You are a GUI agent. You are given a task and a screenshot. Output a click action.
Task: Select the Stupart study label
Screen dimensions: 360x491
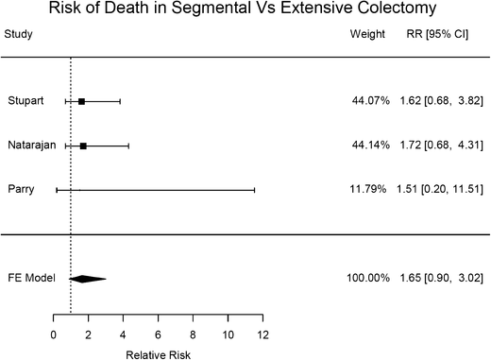tap(22, 101)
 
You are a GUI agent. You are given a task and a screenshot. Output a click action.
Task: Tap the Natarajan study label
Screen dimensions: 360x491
tap(27, 146)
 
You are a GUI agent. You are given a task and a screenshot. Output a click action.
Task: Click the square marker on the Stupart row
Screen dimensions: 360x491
tap(81, 101)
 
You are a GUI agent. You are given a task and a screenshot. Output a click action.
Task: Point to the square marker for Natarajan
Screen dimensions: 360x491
tap(83, 146)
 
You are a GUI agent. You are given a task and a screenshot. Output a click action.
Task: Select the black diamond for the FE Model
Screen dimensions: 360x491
tap(88, 278)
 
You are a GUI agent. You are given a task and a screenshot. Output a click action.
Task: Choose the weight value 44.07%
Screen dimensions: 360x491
tap(367, 101)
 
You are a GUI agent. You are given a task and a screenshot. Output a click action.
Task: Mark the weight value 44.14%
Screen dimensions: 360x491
tap(367, 146)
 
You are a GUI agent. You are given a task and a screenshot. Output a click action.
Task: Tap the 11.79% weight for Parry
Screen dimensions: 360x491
tap(367, 190)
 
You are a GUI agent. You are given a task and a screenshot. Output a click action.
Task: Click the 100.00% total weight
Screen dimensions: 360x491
tap(364, 278)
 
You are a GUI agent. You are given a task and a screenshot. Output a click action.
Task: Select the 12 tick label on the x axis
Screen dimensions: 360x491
tap(262, 334)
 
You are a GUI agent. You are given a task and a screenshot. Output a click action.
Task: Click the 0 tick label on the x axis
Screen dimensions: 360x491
tap(54, 334)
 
